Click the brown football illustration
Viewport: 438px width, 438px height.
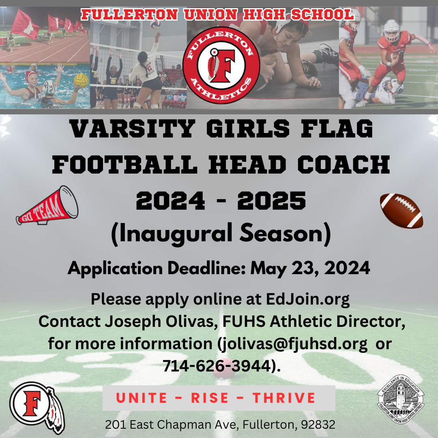401,211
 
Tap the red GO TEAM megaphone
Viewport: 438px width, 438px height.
47,206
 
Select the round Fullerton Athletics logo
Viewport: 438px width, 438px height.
221,65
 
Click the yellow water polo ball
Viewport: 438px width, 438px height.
81,80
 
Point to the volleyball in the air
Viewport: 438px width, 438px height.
155,24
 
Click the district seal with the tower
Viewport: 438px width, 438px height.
400,399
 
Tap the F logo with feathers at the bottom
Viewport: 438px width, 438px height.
37,407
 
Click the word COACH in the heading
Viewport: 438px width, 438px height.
344,165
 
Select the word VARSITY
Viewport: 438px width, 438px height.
132,129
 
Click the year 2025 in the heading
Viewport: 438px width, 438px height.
271,201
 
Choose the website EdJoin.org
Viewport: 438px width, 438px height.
307,299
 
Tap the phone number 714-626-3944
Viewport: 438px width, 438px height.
217,366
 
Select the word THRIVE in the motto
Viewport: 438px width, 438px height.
284,398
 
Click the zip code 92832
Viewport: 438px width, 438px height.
318,425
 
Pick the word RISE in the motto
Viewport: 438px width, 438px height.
210,398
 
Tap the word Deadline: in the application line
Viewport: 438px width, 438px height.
206,268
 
